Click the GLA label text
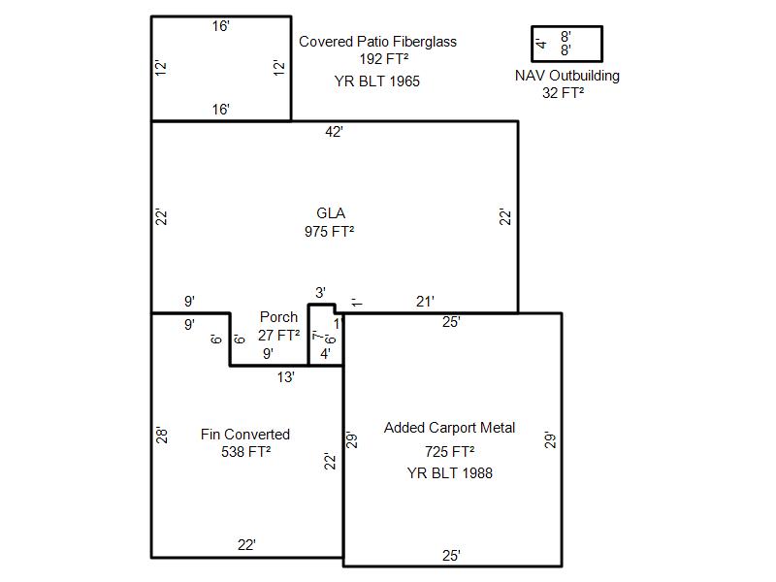tap(331, 213)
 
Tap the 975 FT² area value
tap(329, 231)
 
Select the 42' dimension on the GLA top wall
tap(334, 132)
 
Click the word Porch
tap(278, 317)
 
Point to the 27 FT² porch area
tap(278, 335)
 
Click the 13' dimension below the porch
tap(285, 377)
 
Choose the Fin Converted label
tap(245, 434)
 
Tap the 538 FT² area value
tap(246, 452)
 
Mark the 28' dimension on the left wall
tap(162, 436)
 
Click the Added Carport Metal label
tap(449, 428)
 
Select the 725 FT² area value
tap(449, 451)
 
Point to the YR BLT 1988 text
tap(449, 473)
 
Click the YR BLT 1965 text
tap(376, 81)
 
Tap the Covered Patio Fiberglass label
tap(377, 42)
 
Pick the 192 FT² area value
tap(383, 59)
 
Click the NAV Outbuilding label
tap(567, 76)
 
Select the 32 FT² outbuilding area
tap(563, 92)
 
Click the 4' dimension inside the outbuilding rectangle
tap(541, 44)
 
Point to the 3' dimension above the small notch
tap(320, 293)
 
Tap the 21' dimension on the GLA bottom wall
tap(425, 302)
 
